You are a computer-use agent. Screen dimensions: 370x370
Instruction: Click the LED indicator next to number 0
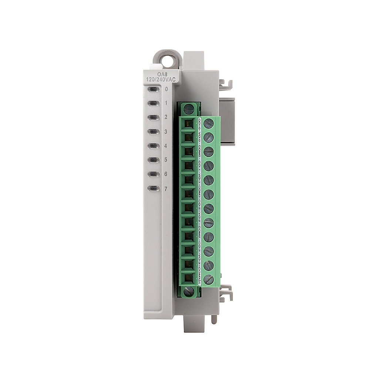[x=153, y=89]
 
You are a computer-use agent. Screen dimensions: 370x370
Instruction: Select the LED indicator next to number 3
[x=153, y=131]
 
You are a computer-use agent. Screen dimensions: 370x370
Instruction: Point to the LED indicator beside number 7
[x=153, y=188]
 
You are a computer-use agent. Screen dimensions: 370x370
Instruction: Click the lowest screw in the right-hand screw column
[x=208, y=279]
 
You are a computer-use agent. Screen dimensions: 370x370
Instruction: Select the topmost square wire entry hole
[x=188, y=124]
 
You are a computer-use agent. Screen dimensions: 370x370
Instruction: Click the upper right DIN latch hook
[x=225, y=85]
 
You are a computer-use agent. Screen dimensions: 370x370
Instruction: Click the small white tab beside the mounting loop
[x=152, y=67]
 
